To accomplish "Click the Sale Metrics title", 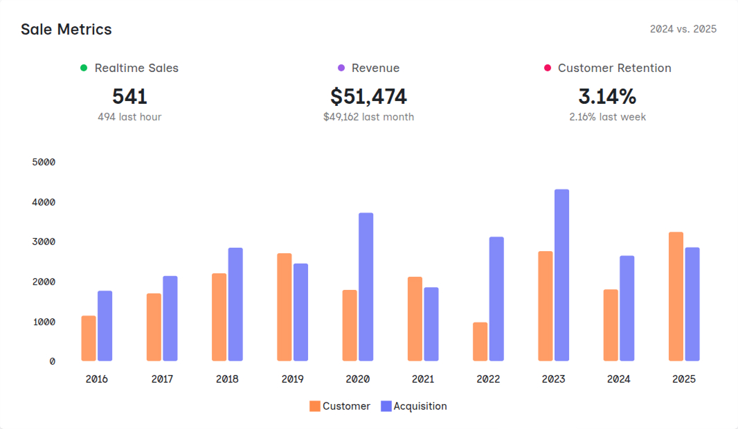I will coord(66,29).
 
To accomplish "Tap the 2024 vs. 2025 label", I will coord(683,29).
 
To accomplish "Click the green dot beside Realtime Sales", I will coord(84,68).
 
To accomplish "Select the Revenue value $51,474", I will coord(368,96).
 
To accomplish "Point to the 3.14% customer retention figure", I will coord(607,96).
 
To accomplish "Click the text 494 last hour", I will coord(129,117).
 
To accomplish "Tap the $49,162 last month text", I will coord(368,117).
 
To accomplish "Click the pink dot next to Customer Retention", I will coord(548,68).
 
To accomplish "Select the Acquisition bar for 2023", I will coord(561,275).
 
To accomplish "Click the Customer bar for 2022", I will coord(480,341).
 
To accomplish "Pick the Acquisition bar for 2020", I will coord(366,286).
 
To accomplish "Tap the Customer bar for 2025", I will coord(676,296).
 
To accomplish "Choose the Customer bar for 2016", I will coord(89,338).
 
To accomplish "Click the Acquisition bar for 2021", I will coord(431,324).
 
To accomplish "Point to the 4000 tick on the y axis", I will coord(44,202).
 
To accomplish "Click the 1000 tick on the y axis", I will coord(44,322).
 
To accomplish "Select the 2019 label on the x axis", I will coord(292,379).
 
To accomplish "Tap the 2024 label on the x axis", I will coord(618,379).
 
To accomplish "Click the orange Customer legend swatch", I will coord(315,406).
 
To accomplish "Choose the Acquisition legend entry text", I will coord(420,406).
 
